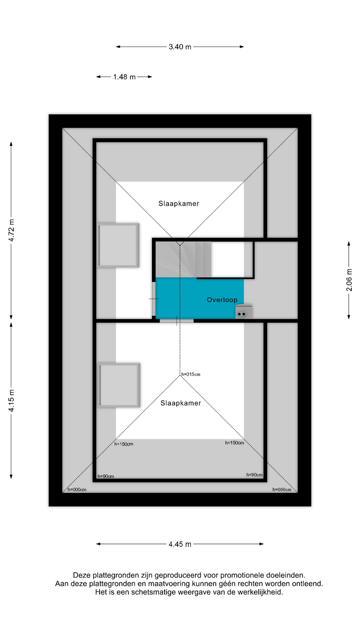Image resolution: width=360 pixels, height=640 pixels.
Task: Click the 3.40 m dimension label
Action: [x=180, y=47]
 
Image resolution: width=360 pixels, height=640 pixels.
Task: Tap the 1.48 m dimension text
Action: [x=124, y=77]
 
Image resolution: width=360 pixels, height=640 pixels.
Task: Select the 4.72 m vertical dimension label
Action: [x=12, y=230]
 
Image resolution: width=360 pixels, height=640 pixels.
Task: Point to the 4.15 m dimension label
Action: [x=12, y=400]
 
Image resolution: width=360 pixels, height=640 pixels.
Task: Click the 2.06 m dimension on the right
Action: [x=349, y=280]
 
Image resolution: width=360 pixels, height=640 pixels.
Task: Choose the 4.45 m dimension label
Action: [x=180, y=544]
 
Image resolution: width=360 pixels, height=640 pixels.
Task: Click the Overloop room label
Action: [x=222, y=300]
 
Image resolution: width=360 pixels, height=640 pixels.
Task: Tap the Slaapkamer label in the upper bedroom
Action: [x=179, y=204]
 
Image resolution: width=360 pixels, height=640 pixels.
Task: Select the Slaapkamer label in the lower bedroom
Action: [x=181, y=403]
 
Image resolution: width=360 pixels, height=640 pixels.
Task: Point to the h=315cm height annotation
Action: [x=191, y=374]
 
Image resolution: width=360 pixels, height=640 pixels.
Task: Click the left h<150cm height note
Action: [x=124, y=444]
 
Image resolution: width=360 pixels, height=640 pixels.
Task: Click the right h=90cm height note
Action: [x=254, y=475]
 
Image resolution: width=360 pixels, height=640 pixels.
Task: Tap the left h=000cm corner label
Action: [x=77, y=490]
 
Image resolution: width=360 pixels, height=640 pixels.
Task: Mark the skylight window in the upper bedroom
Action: [x=118, y=245]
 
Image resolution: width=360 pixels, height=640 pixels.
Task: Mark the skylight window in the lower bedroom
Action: [x=119, y=385]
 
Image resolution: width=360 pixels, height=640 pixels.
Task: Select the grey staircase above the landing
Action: [x=183, y=259]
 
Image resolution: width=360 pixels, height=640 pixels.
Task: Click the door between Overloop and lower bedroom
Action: [x=177, y=321]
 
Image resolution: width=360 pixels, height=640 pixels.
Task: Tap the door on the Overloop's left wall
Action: [x=154, y=299]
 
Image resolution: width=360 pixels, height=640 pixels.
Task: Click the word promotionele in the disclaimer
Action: [x=241, y=575]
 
